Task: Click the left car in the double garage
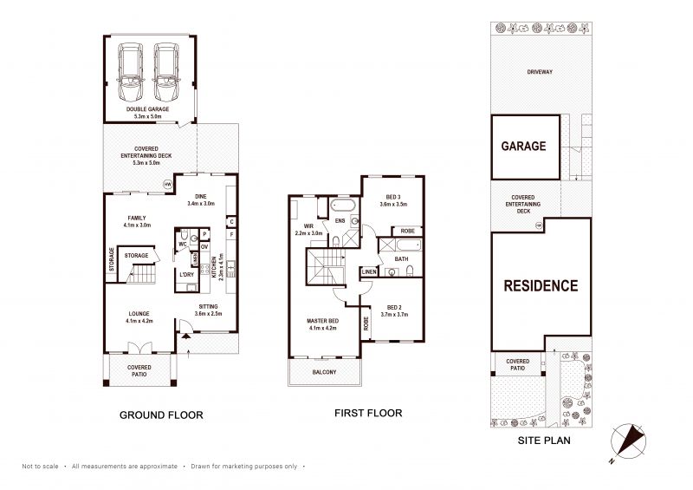(x=130, y=72)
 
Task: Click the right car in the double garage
(x=166, y=72)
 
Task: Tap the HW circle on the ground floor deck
(x=167, y=185)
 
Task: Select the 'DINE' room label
(x=201, y=197)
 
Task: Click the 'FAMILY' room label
(x=137, y=218)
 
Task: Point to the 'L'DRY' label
(x=186, y=274)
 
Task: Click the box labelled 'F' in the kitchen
(x=231, y=234)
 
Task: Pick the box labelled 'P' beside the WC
(x=204, y=234)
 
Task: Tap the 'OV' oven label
(x=204, y=246)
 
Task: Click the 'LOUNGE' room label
(x=139, y=314)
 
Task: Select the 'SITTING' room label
(x=208, y=306)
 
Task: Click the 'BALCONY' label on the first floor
(x=324, y=372)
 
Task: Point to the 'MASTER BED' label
(x=322, y=321)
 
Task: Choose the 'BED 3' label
(x=393, y=197)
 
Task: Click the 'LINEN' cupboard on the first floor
(x=369, y=271)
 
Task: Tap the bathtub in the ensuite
(x=342, y=206)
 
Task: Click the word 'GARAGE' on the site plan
(x=524, y=146)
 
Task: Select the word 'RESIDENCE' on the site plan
(x=541, y=286)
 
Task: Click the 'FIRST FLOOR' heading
(x=368, y=414)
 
